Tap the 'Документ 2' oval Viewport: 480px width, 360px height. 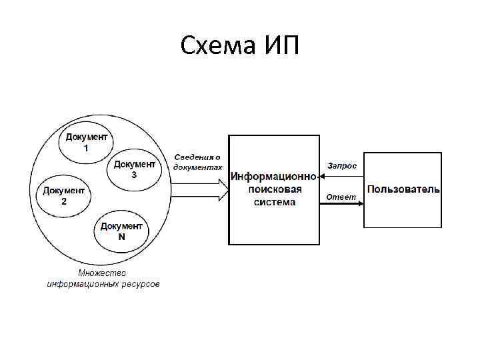click(x=63, y=196)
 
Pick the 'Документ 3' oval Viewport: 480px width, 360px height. click(x=134, y=169)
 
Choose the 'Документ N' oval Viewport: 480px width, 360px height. click(x=121, y=231)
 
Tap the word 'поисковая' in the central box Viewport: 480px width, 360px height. click(x=274, y=189)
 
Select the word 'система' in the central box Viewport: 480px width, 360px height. click(x=274, y=201)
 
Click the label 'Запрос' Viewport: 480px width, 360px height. click(x=341, y=165)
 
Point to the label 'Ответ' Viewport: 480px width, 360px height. click(x=341, y=196)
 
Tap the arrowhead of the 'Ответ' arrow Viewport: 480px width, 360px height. click(x=361, y=203)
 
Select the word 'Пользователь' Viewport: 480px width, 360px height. click(x=403, y=189)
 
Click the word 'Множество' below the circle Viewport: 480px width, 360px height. click(x=102, y=273)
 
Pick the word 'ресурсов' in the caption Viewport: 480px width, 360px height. click(x=140, y=284)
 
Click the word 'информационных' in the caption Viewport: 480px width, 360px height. click(x=82, y=284)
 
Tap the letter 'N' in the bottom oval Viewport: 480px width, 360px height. click(x=121, y=237)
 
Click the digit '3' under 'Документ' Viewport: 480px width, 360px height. click(x=135, y=175)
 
